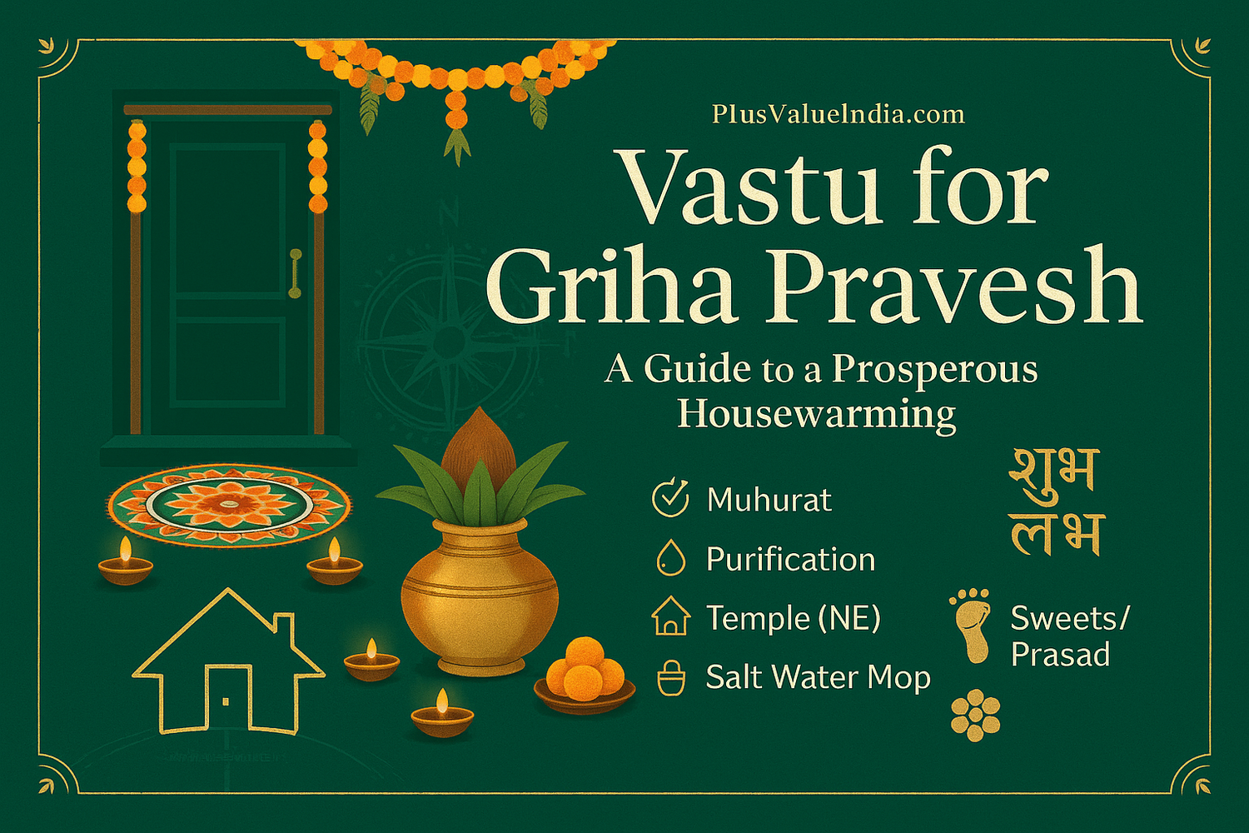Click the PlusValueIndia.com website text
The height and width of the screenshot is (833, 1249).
[x=838, y=114]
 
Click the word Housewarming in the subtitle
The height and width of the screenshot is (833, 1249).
[x=816, y=414]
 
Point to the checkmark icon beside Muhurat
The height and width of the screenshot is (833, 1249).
[x=670, y=498]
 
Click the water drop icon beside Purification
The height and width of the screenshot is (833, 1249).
[x=670, y=558]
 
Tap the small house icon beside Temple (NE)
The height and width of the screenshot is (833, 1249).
[x=670, y=617]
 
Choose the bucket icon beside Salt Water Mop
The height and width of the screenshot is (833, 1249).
[x=670, y=677]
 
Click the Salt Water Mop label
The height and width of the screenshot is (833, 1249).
[x=818, y=677]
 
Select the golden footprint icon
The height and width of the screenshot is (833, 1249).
[x=971, y=624]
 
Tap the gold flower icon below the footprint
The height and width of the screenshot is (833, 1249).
[x=975, y=715]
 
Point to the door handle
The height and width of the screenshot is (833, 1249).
[x=295, y=272]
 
